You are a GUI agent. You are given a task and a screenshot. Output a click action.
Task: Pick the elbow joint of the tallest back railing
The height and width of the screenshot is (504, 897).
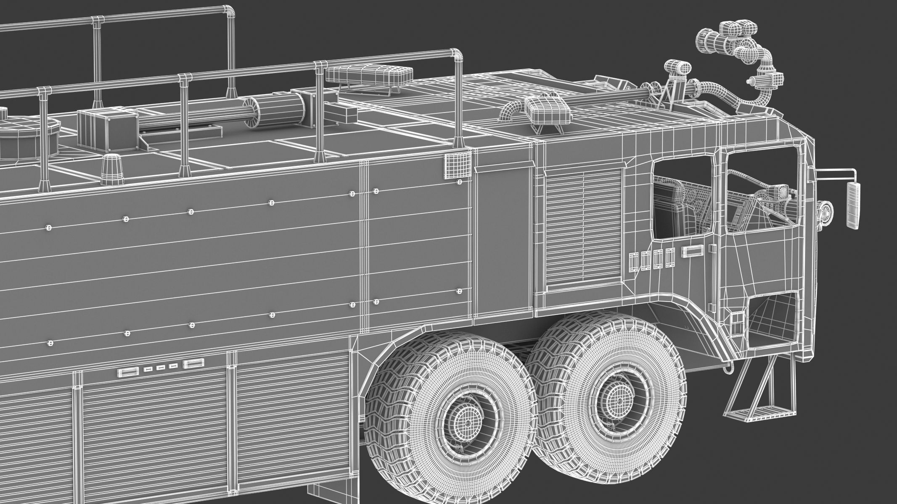point(228,10)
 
